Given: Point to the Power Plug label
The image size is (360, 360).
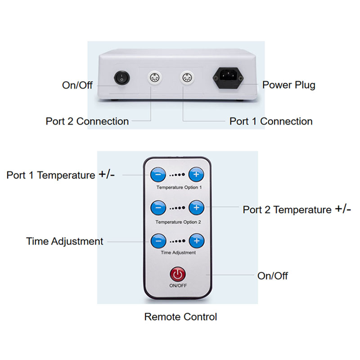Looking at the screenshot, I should [289, 85].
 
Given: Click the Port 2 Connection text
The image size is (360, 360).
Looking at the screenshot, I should [87, 121].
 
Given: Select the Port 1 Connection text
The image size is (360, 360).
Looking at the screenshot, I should [271, 121].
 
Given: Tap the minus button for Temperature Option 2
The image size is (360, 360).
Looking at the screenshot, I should [157, 207].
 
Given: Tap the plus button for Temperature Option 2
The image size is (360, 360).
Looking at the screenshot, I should [196, 207].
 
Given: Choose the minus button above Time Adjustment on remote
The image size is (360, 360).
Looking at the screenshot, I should [157, 240].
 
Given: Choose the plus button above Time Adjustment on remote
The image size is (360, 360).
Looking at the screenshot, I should [196, 240].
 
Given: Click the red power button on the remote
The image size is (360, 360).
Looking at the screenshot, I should [178, 274].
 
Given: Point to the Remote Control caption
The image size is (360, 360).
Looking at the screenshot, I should [180, 317].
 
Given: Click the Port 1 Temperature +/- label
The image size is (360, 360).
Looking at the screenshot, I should [60, 175].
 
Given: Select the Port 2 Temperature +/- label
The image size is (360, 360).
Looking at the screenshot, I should [297, 209].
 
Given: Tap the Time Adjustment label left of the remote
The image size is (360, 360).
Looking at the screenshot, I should [65, 241].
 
